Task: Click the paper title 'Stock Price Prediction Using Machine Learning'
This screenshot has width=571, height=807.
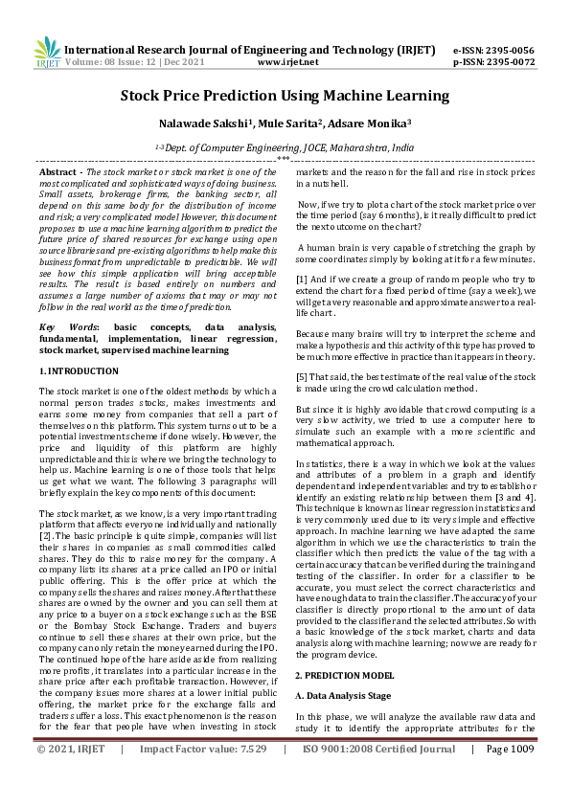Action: click(285, 96)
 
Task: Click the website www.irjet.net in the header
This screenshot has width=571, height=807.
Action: click(287, 61)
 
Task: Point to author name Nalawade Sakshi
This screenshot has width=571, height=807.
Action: click(195, 123)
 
